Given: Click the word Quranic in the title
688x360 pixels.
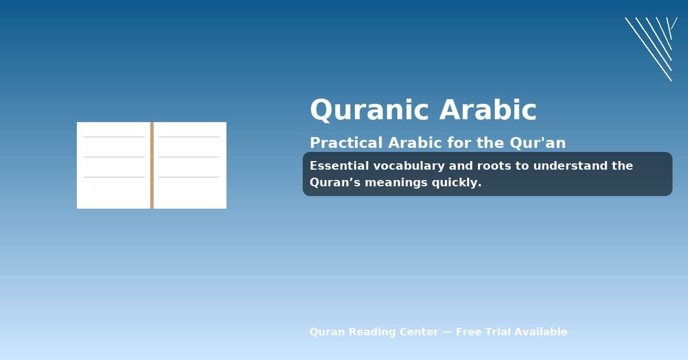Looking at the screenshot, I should coord(370,110).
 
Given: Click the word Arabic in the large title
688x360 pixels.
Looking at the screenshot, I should coord(488,110).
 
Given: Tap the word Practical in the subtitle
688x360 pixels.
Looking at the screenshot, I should coord(346,143).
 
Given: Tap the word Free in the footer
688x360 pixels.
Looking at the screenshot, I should coord(469,332).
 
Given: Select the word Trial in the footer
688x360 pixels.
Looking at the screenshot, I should coord(498,332).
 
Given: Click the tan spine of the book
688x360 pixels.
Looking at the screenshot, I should coord(152,165).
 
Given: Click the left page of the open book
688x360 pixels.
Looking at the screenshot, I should coord(114,192).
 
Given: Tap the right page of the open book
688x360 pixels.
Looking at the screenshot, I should coord(190,192).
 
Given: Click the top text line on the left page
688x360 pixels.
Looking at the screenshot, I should coord(114,137).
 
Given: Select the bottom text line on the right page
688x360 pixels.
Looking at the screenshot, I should coord(189,177).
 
